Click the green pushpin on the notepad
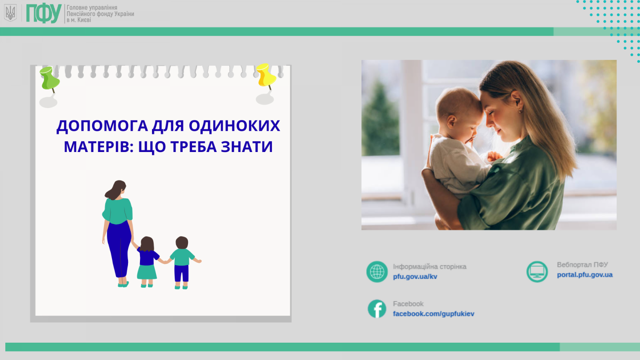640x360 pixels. click(x=50, y=79)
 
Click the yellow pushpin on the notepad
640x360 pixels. click(x=266, y=76)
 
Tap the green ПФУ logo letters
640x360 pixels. click(x=44, y=13)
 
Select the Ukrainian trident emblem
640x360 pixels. click(x=11, y=13)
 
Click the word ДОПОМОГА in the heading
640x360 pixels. click(x=102, y=126)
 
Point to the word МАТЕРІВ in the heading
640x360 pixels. click(x=99, y=147)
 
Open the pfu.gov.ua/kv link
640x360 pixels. click(x=415, y=276)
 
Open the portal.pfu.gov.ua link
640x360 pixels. click(x=584, y=275)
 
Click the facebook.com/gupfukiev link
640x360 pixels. click(x=433, y=314)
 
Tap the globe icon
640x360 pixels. click(x=377, y=272)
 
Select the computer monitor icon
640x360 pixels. click(x=537, y=272)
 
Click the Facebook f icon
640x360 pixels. click(x=377, y=309)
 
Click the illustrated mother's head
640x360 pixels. click(x=117, y=189)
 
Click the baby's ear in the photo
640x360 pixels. click(x=451, y=121)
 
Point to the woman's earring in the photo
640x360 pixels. click(x=520, y=110)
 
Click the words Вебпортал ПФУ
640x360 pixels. click(x=582, y=265)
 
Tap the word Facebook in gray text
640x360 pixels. click(x=408, y=304)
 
